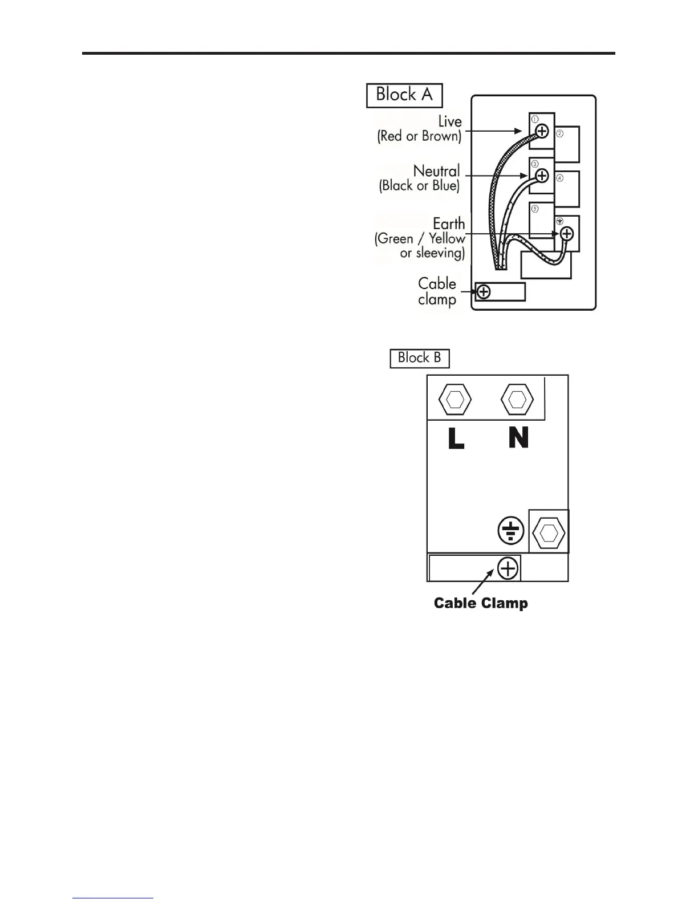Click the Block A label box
click(404, 95)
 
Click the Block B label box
click(419, 358)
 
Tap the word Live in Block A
click(449, 121)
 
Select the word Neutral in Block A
click(436, 171)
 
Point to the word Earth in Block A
click(449, 223)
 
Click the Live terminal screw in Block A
click(542, 131)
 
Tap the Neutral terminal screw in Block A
click(542, 176)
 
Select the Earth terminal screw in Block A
click(566, 234)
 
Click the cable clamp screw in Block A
click(484, 292)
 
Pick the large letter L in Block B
click(456, 438)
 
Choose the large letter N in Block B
click(518, 438)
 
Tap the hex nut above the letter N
click(517, 398)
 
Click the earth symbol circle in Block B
click(510, 531)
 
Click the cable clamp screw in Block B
click(508, 568)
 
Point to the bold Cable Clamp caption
click(481, 603)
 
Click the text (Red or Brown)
click(419, 136)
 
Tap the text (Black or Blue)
click(419, 186)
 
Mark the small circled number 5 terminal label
click(535, 209)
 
